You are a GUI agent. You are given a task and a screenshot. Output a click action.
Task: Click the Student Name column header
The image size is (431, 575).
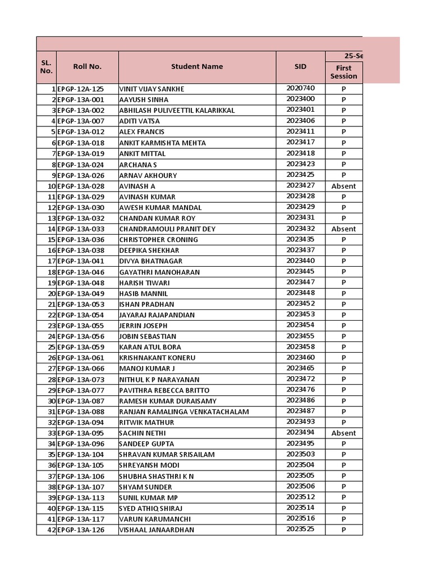(x=197, y=66)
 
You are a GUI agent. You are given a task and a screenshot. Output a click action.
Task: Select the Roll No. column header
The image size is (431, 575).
(x=87, y=66)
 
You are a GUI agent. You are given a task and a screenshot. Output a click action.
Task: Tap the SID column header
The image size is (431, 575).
(x=300, y=66)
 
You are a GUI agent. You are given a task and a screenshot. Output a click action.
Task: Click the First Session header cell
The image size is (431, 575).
(x=343, y=72)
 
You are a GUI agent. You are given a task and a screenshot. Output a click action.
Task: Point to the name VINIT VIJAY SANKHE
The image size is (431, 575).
(x=152, y=89)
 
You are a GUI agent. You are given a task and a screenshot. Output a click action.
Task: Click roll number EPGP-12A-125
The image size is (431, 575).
(x=81, y=89)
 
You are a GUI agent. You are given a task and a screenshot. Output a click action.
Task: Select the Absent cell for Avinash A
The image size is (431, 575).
(x=343, y=186)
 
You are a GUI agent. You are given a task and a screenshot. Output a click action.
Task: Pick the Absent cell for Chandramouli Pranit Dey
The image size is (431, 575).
(x=343, y=229)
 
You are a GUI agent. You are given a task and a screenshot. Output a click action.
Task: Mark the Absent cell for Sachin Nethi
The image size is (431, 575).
(x=343, y=433)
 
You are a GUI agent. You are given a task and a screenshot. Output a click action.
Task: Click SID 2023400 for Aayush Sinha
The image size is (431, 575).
(x=300, y=99)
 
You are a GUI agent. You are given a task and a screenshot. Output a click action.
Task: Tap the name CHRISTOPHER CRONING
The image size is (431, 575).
(x=158, y=240)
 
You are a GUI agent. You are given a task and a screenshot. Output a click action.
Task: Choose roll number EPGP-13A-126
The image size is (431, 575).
(x=81, y=530)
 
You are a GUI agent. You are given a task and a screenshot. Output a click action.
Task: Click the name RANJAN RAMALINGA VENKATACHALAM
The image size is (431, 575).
(x=184, y=412)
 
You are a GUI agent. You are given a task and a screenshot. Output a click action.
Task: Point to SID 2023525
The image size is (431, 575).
(x=300, y=530)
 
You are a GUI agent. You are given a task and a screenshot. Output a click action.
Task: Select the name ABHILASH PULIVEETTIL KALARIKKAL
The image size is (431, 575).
(x=177, y=110)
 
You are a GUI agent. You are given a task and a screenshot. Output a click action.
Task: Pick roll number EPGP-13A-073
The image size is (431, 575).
(x=81, y=380)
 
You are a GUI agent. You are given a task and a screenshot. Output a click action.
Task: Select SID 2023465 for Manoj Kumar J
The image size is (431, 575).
(x=300, y=368)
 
